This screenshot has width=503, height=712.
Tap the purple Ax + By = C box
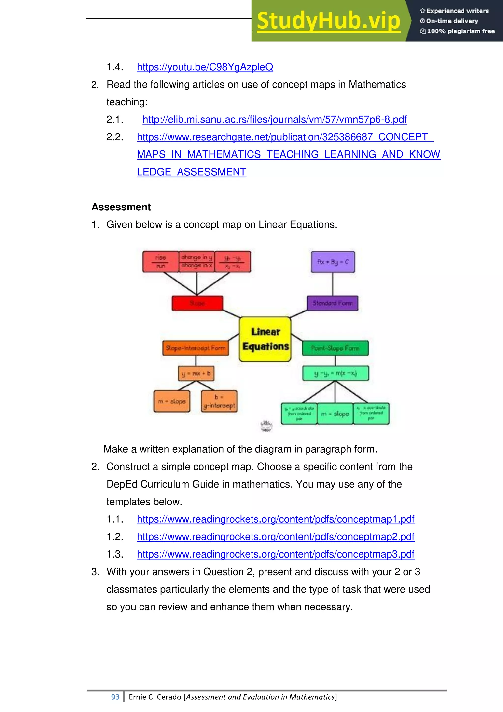[x=333, y=262]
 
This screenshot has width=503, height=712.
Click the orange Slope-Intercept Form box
[x=196, y=348]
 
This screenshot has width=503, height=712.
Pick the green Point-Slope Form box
[x=335, y=348]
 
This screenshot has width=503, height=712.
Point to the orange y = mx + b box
[x=196, y=373]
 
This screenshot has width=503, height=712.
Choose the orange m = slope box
[x=172, y=401]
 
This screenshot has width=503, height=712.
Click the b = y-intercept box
[x=219, y=401]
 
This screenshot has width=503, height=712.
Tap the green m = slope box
[x=335, y=414]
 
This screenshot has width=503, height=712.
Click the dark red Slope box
[x=197, y=303]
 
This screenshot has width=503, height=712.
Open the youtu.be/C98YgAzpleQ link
[x=205, y=67]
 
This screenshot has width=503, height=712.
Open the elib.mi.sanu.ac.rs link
[x=274, y=119]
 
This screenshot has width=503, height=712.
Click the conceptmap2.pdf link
[x=275, y=537]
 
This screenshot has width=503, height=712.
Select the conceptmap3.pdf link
[x=275, y=554]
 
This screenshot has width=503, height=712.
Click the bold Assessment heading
[x=121, y=207]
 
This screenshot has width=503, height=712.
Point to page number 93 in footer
[x=115, y=697]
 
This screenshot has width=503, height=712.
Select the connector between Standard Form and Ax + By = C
[x=333, y=284]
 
